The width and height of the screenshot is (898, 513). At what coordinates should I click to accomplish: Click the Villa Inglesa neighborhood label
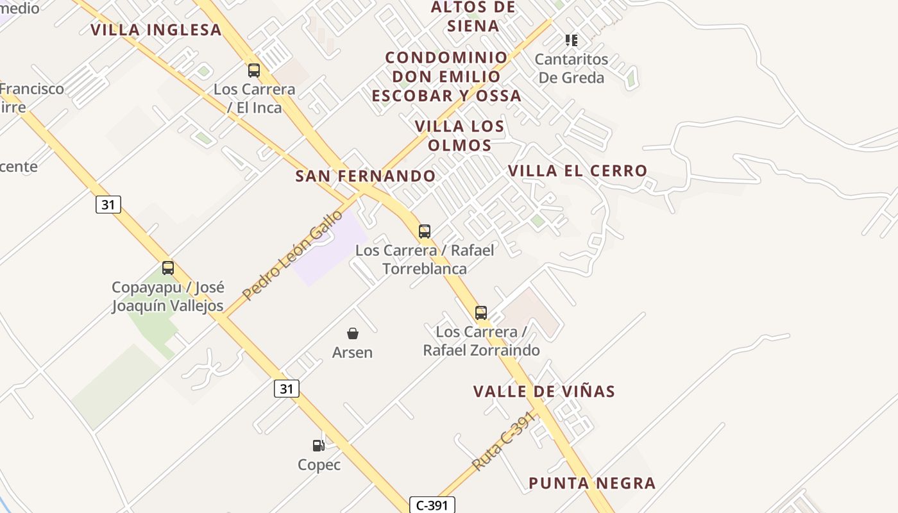click(x=156, y=30)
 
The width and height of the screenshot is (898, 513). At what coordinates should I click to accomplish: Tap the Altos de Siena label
click(x=473, y=17)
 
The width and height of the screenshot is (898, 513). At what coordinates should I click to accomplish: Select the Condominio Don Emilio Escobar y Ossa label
click(x=446, y=76)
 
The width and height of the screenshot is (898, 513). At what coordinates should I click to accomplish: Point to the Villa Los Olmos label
click(x=459, y=135)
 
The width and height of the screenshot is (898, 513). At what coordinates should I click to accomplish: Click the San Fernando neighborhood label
click(x=365, y=176)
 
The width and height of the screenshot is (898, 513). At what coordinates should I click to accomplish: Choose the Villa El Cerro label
click(x=577, y=171)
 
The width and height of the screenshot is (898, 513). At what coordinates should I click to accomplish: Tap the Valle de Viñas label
click(x=544, y=392)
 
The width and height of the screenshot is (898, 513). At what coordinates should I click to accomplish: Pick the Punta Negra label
click(x=592, y=484)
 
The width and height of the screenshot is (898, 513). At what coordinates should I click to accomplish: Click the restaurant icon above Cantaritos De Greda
click(x=571, y=40)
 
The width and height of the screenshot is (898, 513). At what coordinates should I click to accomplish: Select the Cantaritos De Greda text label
click(x=571, y=69)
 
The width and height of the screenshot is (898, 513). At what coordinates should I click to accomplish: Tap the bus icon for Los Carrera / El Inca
click(x=254, y=71)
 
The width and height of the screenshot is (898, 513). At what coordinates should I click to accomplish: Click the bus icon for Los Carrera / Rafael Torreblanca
click(x=424, y=231)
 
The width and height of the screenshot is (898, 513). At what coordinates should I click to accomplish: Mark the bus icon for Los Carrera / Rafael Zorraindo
click(x=480, y=313)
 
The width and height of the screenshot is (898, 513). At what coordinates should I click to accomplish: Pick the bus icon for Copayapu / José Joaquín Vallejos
click(x=168, y=268)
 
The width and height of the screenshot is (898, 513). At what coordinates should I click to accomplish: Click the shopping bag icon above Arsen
click(x=352, y=333)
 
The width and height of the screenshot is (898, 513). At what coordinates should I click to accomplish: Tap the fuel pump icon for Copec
click(x=318, y=446)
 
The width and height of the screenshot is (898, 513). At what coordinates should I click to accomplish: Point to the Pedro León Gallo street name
click(x=292, y=255)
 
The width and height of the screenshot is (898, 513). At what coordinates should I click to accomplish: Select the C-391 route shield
click(x=432, y=505)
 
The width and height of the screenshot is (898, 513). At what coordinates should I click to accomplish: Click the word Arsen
click(x=352, y=352)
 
